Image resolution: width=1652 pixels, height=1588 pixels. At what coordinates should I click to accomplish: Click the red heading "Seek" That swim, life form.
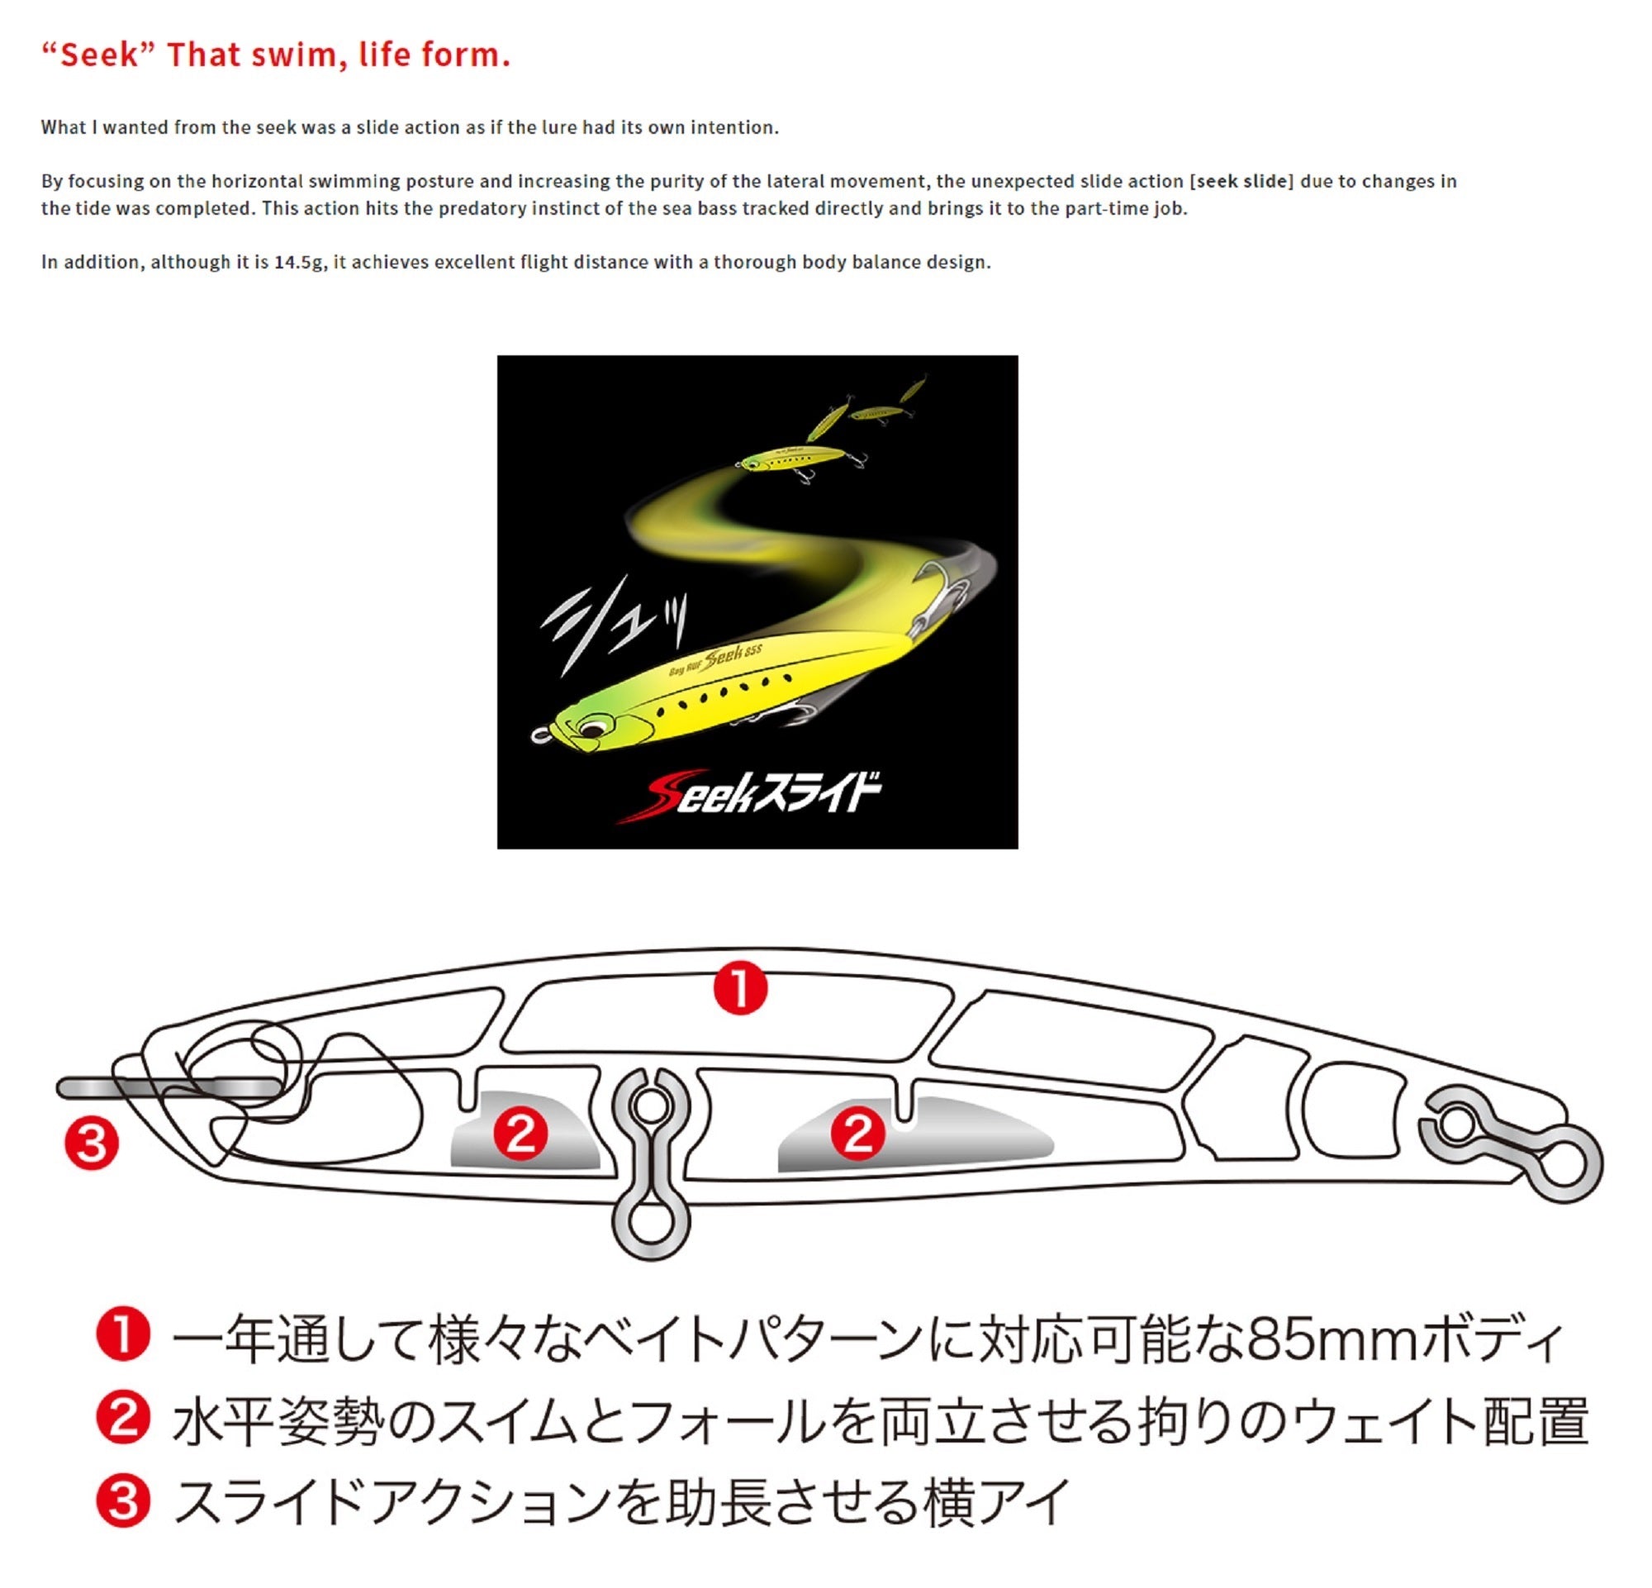(x=276, y=55)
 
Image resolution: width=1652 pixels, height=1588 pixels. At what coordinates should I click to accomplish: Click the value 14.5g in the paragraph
(x=298, y=262)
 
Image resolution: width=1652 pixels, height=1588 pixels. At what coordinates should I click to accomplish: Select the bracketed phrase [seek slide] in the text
(x=1241, y=181)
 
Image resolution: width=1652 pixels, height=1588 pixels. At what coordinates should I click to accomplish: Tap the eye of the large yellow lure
(x=591, y=725)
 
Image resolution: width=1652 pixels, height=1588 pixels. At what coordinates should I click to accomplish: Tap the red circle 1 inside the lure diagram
(x=740, y=989)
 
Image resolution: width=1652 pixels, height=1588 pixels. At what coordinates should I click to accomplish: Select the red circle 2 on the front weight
(x=521, y=1134)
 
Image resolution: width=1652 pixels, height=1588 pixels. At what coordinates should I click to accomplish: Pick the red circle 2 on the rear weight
(x=858, y=1134)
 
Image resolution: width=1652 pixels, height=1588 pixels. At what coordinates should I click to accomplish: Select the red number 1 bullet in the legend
(x=123, y=1336)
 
